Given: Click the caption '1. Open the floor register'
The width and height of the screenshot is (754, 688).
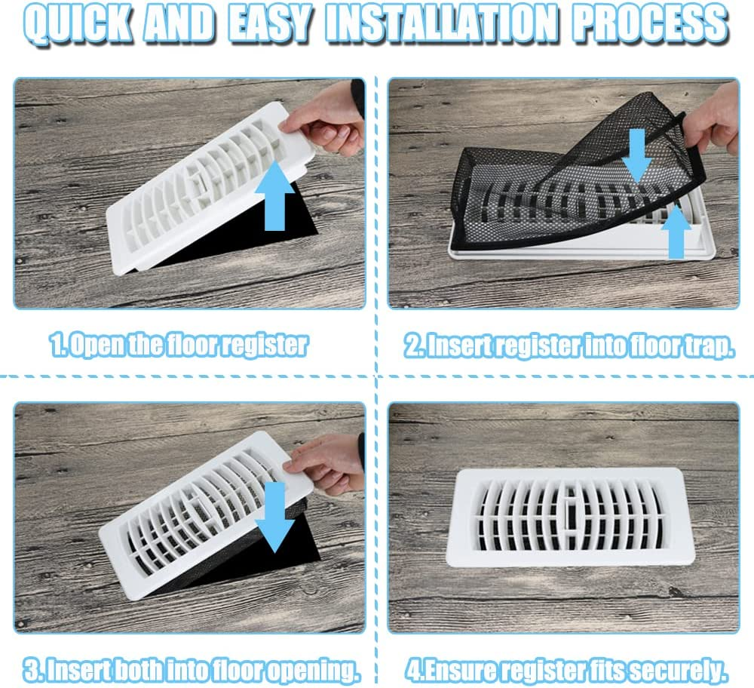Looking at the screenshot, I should coord(179,346).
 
